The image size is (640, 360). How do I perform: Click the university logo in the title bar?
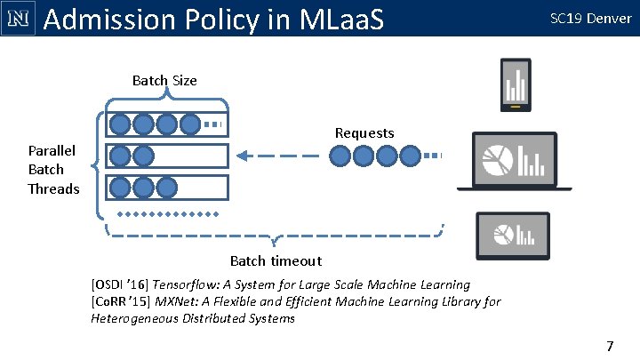click(x=18, y=18)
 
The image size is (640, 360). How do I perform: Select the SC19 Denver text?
click(x=591, y=18)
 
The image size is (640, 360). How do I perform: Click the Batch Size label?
click(x=164, y=81)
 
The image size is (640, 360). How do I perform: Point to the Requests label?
click(x=364, y=133)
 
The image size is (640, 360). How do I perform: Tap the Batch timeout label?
click(x=276, y=261)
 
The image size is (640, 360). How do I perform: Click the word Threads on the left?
click(x=53, y=188)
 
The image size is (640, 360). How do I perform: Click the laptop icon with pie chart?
click(x=507, y=161)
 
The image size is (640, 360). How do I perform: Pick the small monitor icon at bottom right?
click(x=514, y=233)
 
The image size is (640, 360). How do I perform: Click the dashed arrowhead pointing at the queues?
click(x=243, y=157)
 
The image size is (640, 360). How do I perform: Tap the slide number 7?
click(x=610, y=344)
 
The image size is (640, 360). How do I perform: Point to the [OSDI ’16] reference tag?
click(x=120, y=284)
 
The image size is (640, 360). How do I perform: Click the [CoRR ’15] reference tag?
click(x=121, y=301)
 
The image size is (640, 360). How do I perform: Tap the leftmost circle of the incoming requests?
click(x=340, y=157)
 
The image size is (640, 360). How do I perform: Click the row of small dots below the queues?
click(x=169, y=214)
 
